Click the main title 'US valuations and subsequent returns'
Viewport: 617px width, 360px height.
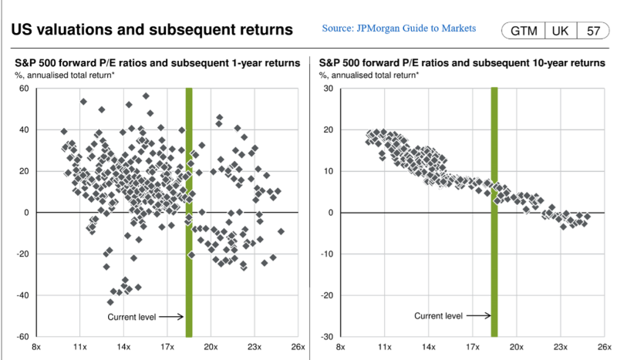click(x=152, y=31)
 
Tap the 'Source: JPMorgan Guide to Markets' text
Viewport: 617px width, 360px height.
click(x=399, y=29)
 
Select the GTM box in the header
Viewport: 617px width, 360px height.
click(x=523, y=32)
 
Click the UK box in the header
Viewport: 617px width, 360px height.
click(x=561, y=32)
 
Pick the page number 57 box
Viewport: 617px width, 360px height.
click(x=593, y=32)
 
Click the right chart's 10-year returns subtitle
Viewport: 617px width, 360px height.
click(x=463, y=62)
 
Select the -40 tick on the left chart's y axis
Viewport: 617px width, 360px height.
click(x=22, y=295)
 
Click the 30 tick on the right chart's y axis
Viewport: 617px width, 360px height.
click(x=326, y=89)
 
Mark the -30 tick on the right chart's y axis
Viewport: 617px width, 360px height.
click(x=325, y=337)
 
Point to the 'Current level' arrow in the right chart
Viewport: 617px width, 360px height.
click(x=477, y=315)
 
